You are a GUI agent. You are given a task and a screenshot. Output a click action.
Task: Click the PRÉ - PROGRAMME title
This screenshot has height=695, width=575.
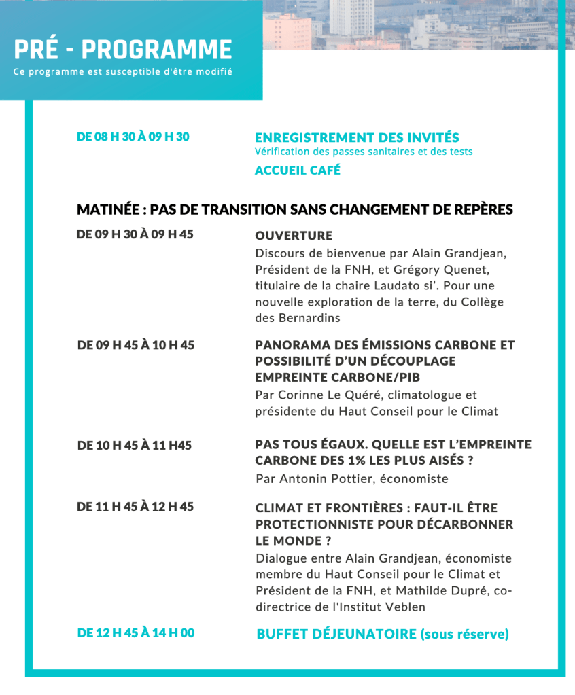click(123, 50)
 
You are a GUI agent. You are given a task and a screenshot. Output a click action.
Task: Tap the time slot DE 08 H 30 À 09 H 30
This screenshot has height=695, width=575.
click(133, 137)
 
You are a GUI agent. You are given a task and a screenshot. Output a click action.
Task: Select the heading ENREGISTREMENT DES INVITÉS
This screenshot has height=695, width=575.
click(357, 138)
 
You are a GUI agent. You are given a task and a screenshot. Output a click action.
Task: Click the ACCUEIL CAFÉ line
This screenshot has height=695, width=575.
click(297, 171)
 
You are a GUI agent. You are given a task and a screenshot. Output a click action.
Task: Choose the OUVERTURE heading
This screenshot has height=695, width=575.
click(294, 236)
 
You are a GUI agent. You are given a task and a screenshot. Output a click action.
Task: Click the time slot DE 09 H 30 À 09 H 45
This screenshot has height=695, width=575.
click(135, 234)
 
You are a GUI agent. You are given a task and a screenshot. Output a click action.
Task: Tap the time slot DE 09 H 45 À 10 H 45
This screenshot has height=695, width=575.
click(136, 345)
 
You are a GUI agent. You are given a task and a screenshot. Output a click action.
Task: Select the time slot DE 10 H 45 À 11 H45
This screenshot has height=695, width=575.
click(135, 446)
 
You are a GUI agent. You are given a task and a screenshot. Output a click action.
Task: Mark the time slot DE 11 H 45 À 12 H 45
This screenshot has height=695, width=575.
click(135, 507)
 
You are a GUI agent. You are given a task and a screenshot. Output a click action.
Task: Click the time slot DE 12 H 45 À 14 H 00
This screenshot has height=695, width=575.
click(136, 633)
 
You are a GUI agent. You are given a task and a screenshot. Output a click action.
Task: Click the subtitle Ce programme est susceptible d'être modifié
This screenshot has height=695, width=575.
click(123, 72)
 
